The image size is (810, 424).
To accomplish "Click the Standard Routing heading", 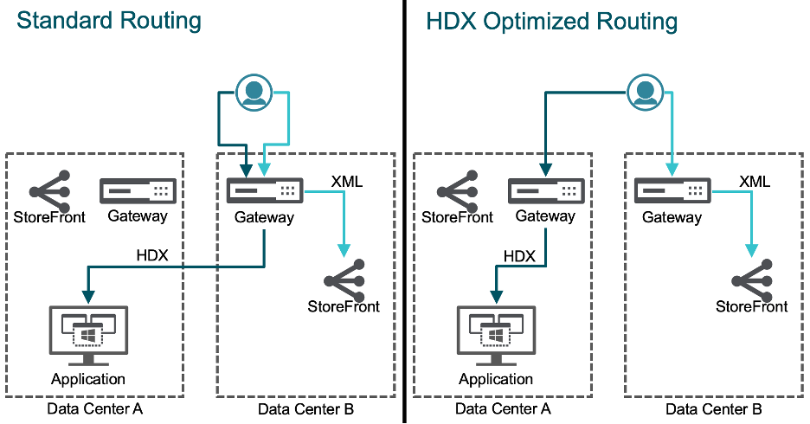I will [109, 21].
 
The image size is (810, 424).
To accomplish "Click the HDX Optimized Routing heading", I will [552, 21].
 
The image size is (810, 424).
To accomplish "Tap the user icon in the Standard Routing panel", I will [253, 92].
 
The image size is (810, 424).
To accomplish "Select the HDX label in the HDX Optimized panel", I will [519, 255].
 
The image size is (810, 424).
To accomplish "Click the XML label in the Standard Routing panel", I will [347, 182].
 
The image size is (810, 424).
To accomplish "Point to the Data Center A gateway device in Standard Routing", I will [138, 191].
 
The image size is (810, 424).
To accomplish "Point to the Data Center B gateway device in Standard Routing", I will [265, 190].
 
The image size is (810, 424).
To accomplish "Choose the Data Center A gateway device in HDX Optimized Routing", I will [546, 190].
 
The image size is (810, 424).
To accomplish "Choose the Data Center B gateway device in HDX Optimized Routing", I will [672, 190].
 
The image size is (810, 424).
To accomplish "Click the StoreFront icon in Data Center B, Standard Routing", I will [344, 279].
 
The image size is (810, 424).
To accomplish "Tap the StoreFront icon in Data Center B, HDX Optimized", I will [751, 279].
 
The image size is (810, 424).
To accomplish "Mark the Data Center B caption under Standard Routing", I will [306, 408].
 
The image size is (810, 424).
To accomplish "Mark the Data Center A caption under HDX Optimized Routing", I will [503, 408].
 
